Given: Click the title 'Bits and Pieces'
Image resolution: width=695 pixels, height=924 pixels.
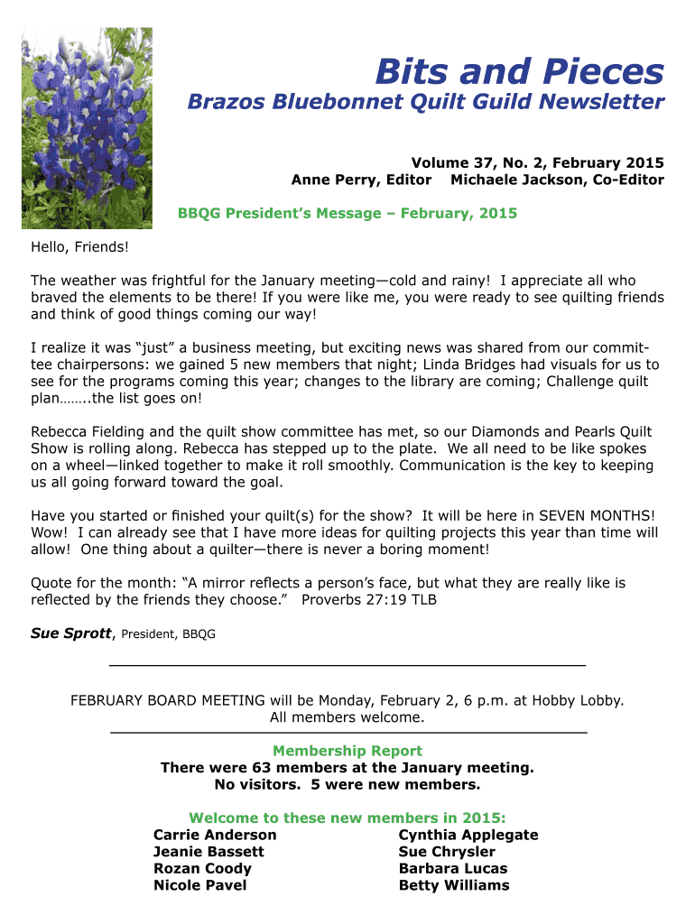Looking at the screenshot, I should [519, 71].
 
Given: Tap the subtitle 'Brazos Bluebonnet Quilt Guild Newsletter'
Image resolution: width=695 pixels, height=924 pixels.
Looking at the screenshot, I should [425, 103].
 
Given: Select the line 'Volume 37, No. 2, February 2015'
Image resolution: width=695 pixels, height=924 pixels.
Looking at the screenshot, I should [537, 163].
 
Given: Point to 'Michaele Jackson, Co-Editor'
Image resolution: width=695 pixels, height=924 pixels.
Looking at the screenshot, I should [557, 180].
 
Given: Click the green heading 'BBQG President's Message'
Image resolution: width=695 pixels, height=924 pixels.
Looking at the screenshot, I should [347, 214].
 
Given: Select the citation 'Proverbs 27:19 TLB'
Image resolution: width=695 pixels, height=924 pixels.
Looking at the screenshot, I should [369, 599].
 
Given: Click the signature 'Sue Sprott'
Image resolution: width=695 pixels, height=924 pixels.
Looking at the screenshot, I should [70, 633].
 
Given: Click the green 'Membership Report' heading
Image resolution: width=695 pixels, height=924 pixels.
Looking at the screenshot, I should [347, 751].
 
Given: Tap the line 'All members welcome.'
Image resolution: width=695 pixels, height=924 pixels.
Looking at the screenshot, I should [347, 717].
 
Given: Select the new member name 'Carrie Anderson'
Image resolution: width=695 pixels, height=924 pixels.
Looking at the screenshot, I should [215, 835].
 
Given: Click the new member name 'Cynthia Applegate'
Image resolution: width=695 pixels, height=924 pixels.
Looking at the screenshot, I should [468, 835].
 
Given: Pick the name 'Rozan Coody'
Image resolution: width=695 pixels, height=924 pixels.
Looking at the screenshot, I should [202, 868].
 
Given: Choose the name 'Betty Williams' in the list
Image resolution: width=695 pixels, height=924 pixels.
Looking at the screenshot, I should [453, 885].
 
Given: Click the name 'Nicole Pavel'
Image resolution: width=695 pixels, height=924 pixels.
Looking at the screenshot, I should [199, 885].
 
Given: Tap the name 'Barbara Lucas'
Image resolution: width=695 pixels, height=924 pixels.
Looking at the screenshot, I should [452, 868].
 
